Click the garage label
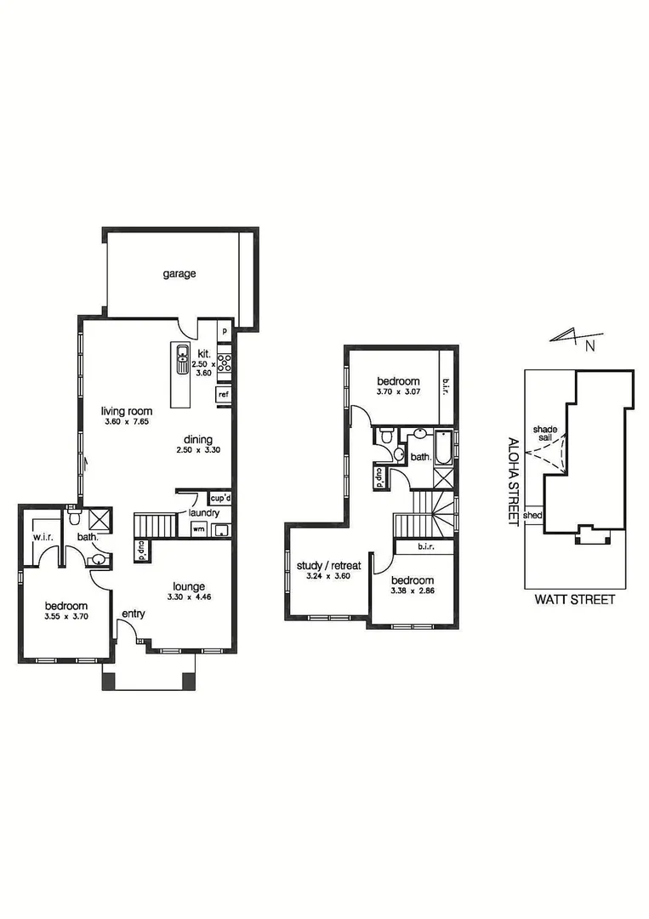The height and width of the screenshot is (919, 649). click(179, 274)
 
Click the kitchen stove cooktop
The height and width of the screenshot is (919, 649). click(225, 363)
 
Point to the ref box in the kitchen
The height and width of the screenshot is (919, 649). click(224, 394)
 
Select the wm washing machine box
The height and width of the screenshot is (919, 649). click(198, 529)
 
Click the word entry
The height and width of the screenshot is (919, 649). click(133, 614)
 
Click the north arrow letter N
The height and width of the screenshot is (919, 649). click(589, 345)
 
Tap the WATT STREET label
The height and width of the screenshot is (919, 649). click(574, 599)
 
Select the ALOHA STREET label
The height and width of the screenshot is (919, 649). click(513, 482)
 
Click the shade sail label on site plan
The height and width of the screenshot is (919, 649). click(544, 434)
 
